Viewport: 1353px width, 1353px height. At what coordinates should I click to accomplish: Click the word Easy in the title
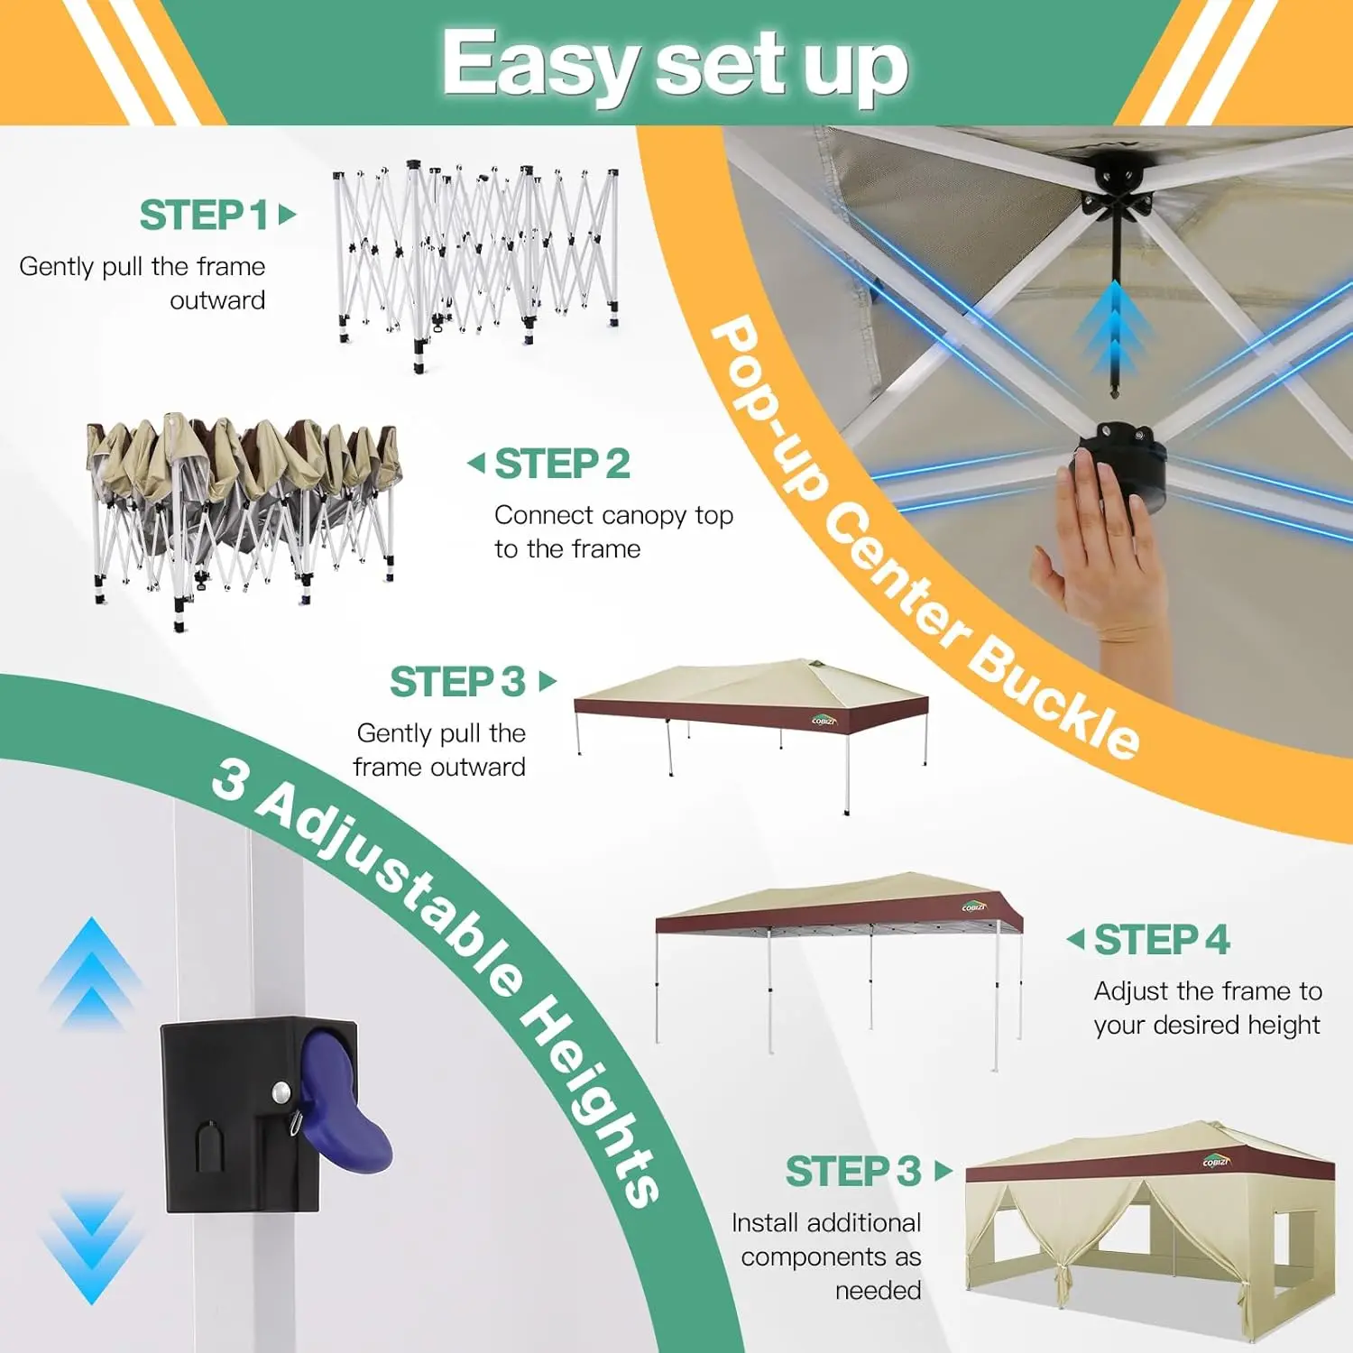pyautogui.click(x=540, y=63)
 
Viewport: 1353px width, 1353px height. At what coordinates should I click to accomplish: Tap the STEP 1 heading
pyautogui.click(x=204, y=216)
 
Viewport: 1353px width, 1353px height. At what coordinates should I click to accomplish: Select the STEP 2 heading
pyautogui.click(x=562, y=464)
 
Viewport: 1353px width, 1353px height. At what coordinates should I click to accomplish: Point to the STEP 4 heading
pyautogui.click(x=1162, y=940)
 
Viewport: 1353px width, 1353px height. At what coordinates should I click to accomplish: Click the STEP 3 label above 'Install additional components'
pyautogui.click(x=853, y=1172)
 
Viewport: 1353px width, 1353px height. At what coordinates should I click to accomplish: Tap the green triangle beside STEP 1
pyautogui.click(x=288, y=215)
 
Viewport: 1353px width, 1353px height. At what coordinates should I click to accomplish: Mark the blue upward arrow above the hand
pyautogui.click(x=1116, y=329)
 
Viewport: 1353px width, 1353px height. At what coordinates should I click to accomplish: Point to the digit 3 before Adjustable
pyautogui.click(x=231, y=779)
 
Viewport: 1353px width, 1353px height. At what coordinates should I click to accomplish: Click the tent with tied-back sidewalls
pyautogui.click(x=1150, y=1231)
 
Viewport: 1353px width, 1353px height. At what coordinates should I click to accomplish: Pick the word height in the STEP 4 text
pyautogui.click(x=1282, y=1026)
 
